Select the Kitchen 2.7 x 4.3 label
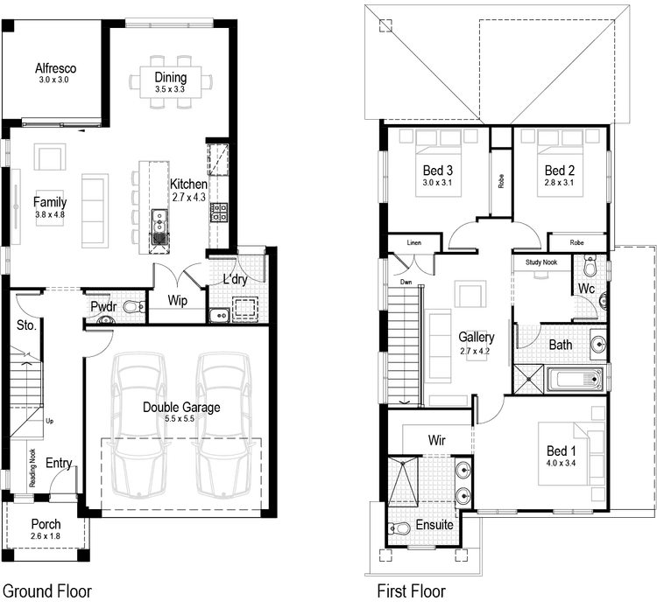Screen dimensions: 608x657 tap(188, 190)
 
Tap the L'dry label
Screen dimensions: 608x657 tap(234, 280)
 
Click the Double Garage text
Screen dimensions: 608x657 tap(181, 407)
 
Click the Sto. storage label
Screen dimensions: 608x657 tap(26, 325)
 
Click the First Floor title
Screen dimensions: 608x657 tap(411, 591)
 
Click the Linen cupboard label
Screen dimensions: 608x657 tap(415, 242)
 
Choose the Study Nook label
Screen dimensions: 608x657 tap(541, 261)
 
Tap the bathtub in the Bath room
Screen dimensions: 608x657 tap(574, 379)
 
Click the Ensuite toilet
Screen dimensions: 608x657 tap(399, 528)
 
